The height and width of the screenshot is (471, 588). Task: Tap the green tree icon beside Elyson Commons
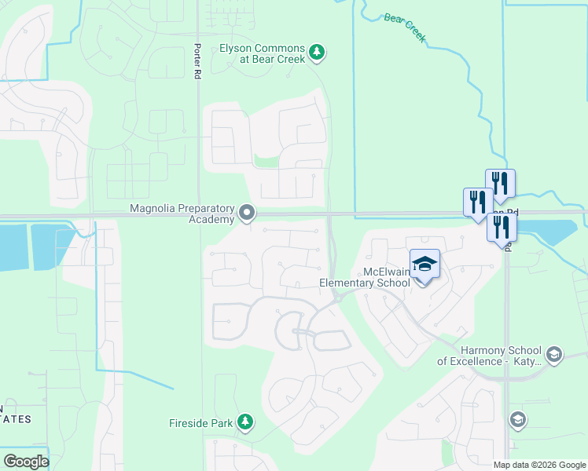(317, 53)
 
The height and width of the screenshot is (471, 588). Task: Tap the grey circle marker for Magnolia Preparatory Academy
(247, 213)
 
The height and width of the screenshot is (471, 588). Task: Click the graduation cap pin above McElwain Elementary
(424, 265)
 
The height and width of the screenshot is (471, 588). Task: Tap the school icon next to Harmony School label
(553, 355)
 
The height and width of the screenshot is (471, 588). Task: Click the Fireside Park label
(201, 423)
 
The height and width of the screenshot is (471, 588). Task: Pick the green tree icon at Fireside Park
(246, 423)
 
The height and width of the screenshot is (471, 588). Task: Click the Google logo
(26, 462)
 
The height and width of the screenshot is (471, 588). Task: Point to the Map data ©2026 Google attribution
(539, 465)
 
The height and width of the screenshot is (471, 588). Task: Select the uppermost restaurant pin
(500, 184)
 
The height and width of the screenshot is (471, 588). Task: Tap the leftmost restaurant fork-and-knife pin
(477, 202)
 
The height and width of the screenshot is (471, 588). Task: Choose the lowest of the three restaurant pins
(502, 227)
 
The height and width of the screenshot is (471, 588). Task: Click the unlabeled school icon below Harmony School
(517, 420)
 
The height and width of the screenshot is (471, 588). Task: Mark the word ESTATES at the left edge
(15, 419)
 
